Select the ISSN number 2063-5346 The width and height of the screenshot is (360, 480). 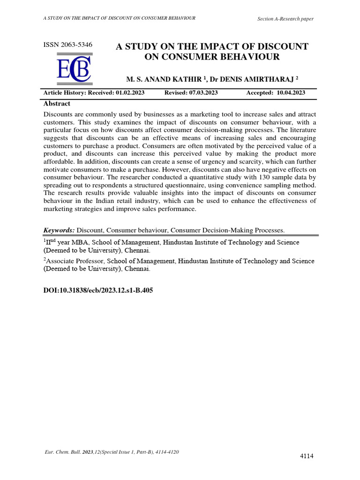click(67, 45)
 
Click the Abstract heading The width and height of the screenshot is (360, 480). click(57, 104)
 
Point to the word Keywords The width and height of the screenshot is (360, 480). click(59, 230)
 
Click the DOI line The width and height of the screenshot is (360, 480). click(98, 291)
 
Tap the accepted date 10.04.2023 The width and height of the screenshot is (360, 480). click(291, 93)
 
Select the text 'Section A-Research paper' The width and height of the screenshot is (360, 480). click(285, 19)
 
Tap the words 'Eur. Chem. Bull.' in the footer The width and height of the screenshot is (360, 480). click(61, 452)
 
